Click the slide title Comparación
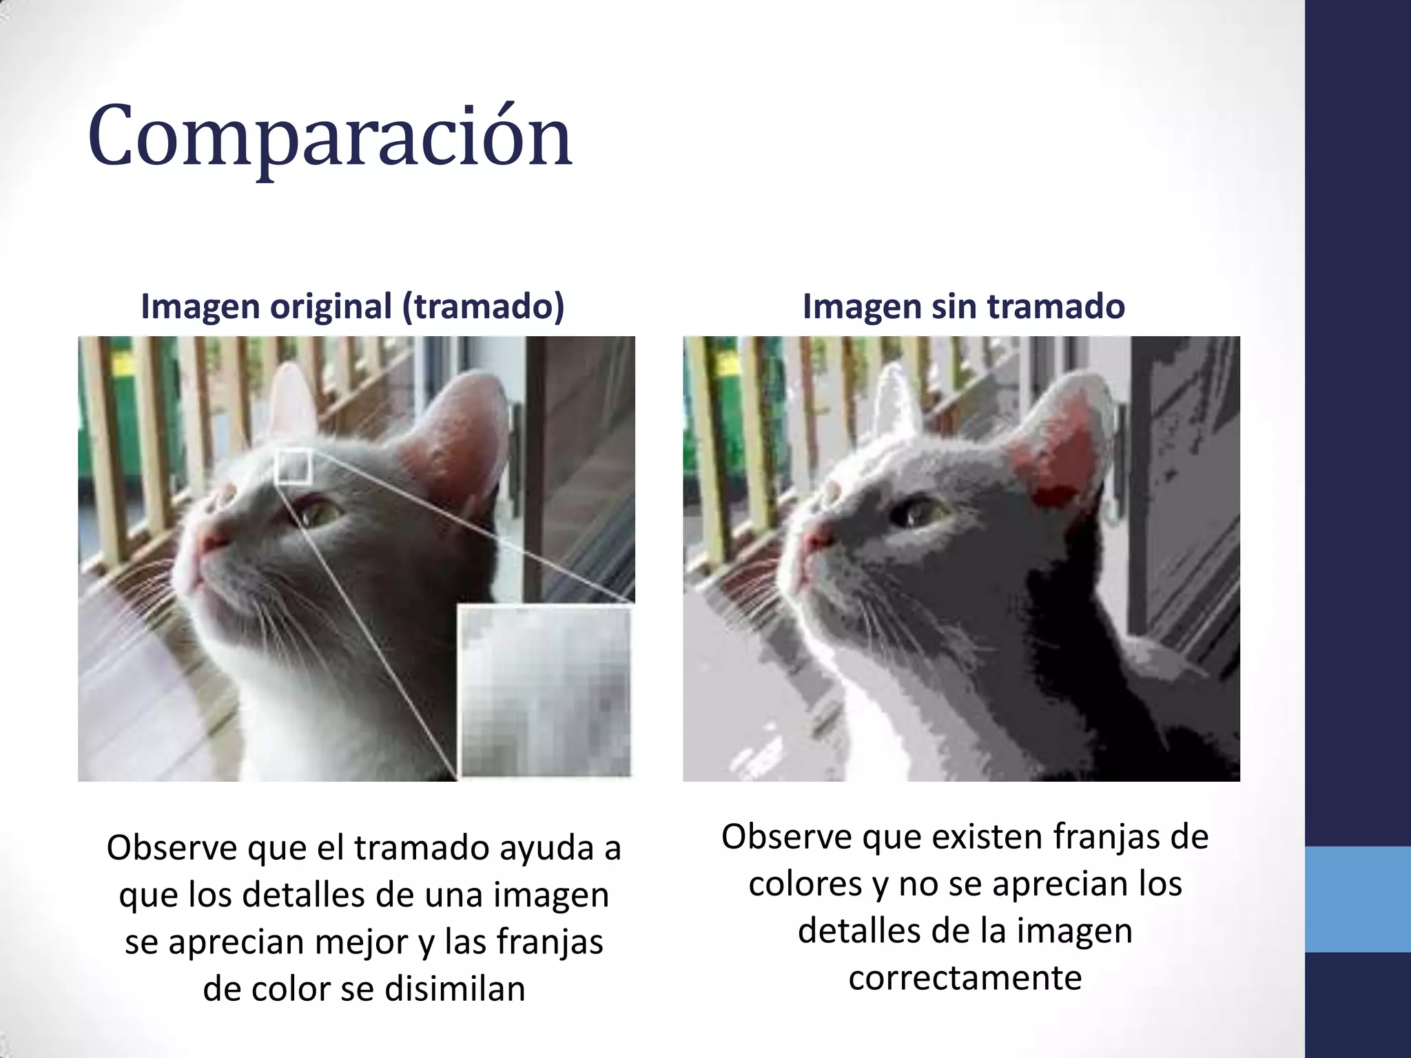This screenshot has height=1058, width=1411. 329,136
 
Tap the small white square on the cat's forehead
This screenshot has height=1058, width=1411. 293,466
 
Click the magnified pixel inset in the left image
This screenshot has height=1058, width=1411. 545,691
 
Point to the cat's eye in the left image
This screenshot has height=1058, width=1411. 318,513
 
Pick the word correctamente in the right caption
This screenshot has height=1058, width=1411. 965,977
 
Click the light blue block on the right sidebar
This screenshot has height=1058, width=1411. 1358,899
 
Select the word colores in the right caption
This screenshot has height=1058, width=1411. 805,884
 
